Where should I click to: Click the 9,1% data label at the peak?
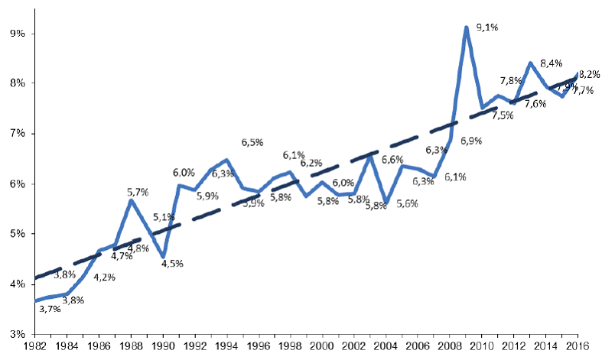tap(486, 28)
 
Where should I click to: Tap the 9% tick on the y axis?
tap(16, 34)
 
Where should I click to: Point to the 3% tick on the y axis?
tap(16, 334)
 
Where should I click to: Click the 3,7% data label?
tap(50, 309)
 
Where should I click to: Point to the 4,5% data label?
tap(173, 264)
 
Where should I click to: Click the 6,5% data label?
tap(252, 143)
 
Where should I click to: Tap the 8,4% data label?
tap(552, 63)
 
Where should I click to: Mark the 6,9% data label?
tap(470, 141)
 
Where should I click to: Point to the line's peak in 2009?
tap(466, 28)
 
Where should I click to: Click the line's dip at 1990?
tap(163, 257)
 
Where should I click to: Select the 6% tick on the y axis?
tap(16, 184)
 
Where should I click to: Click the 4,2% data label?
tap(104, 277)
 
